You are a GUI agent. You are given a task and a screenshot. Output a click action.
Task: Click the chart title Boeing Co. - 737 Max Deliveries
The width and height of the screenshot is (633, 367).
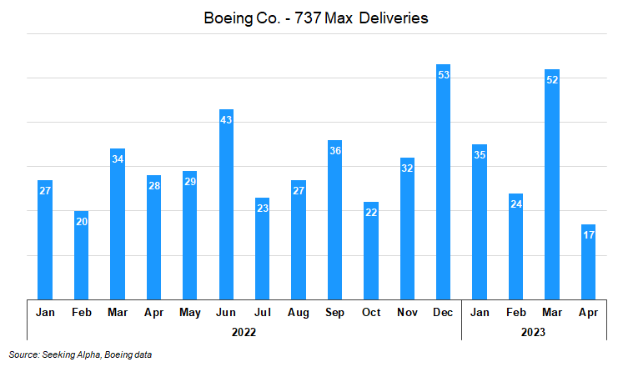(x=316, y=18)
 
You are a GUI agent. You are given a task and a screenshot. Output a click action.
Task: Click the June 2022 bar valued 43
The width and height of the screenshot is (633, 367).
(x=226, y=204)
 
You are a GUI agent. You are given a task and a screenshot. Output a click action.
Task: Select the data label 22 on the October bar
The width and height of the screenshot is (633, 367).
(x=371, y=213)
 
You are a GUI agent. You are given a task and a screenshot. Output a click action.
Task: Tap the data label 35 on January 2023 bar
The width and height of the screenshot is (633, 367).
(x=480, y=155)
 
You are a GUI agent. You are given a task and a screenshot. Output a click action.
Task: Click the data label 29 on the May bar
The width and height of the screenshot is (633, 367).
(x=190, y=182)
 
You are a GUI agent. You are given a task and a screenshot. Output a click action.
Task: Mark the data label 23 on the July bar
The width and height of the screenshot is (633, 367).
(x=263, y=209)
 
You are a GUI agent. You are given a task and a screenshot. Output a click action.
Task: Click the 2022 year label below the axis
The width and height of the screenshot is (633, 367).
(x=244, y=331)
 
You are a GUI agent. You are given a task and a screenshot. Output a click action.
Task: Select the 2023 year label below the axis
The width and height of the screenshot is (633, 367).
(x=533, y=331)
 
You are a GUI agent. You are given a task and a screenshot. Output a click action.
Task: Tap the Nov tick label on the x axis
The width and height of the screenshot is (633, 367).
(x=407, y=312)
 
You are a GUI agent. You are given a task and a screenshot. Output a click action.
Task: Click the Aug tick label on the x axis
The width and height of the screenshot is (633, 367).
(x=299, y=312)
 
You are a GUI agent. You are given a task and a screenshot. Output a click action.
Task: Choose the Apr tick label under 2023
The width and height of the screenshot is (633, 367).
(x=588, y=312)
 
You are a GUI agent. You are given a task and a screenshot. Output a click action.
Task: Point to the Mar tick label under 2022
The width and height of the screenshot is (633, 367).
(x=118, y=312)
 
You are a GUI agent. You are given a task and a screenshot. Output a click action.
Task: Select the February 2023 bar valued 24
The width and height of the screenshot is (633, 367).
(x=516, y=246)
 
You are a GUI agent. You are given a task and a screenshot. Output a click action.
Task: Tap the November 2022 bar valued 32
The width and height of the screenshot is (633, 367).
(x=407, y=228)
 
